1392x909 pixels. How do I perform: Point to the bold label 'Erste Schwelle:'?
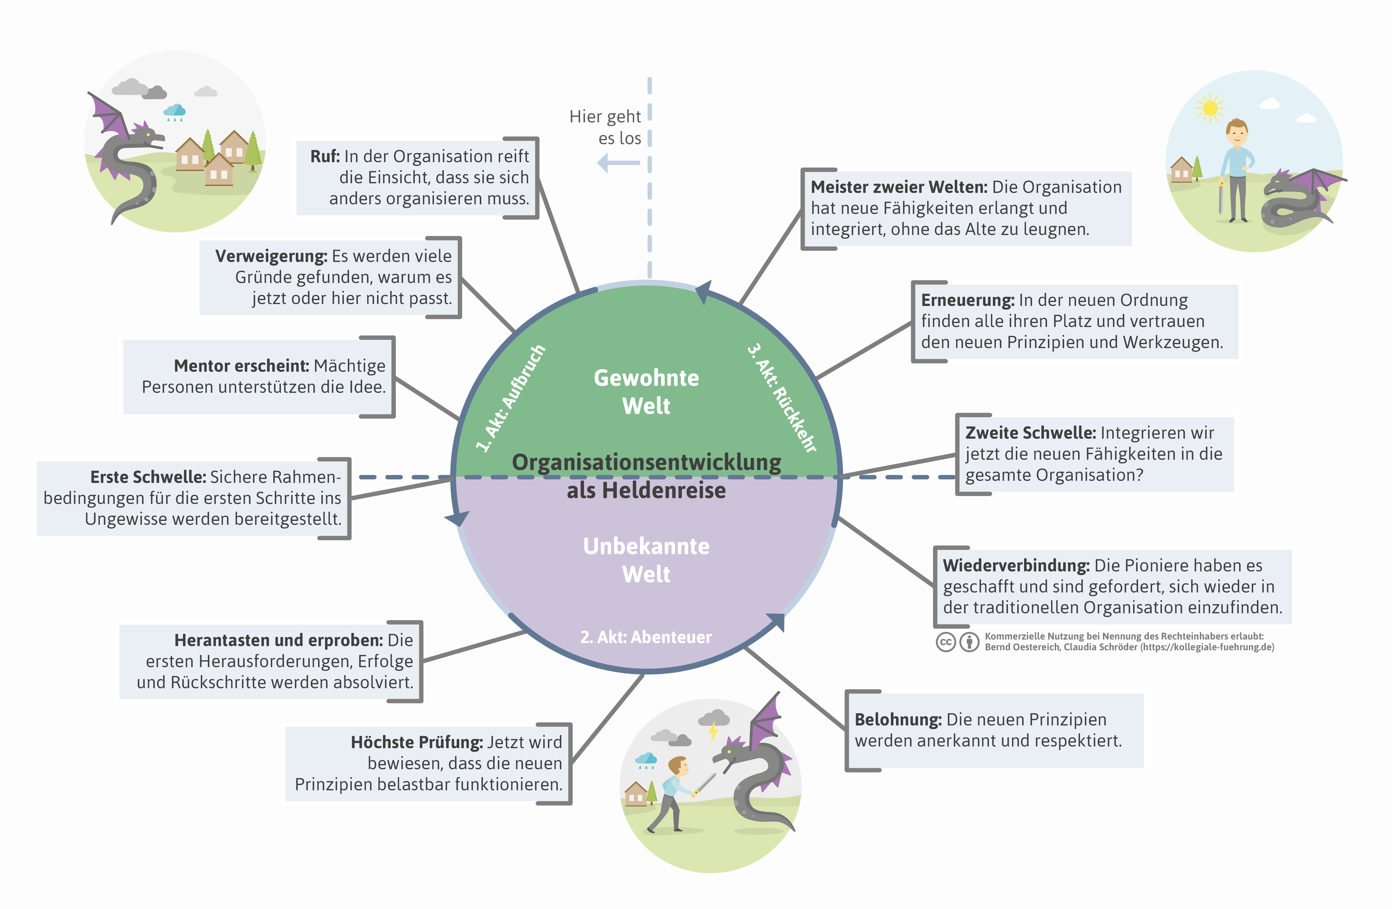(148, 477)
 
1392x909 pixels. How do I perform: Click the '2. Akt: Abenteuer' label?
(646, 637)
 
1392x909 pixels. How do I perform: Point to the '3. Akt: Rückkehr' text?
(782, 398)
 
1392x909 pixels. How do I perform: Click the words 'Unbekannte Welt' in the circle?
(646, 560)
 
